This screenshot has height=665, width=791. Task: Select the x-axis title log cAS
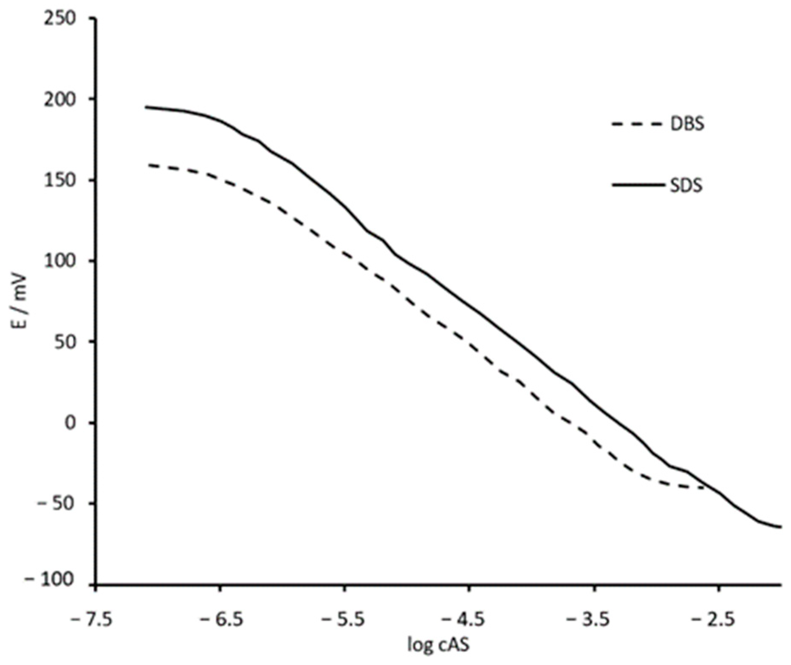point(438,645)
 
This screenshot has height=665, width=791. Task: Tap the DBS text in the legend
point(687,124)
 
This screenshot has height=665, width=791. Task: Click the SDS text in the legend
point(686,186)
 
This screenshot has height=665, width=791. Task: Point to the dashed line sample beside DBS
point(637,124)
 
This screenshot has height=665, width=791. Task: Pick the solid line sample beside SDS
point(637,185)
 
